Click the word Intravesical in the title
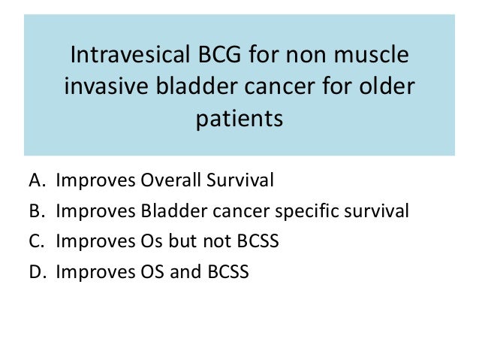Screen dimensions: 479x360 (130, 54)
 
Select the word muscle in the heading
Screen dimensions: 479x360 (371, 54)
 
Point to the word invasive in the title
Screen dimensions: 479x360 (107, 86)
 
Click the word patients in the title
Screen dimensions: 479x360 (239, 119)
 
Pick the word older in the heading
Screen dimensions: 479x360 (387, 86)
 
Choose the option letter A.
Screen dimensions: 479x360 (38, 180)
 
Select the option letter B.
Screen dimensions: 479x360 (37, 210)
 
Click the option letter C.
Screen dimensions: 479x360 (37, 241)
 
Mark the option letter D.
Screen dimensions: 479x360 (38, 271)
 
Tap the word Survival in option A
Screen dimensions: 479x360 (240, 180)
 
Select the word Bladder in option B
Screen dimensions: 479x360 (174, 210)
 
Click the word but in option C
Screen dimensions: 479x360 (184, 241)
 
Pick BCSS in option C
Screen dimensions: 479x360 (258, 241)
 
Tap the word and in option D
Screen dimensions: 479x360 (185, 271)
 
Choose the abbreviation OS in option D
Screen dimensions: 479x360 (152, 271)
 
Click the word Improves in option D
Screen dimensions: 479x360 (95, 272)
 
